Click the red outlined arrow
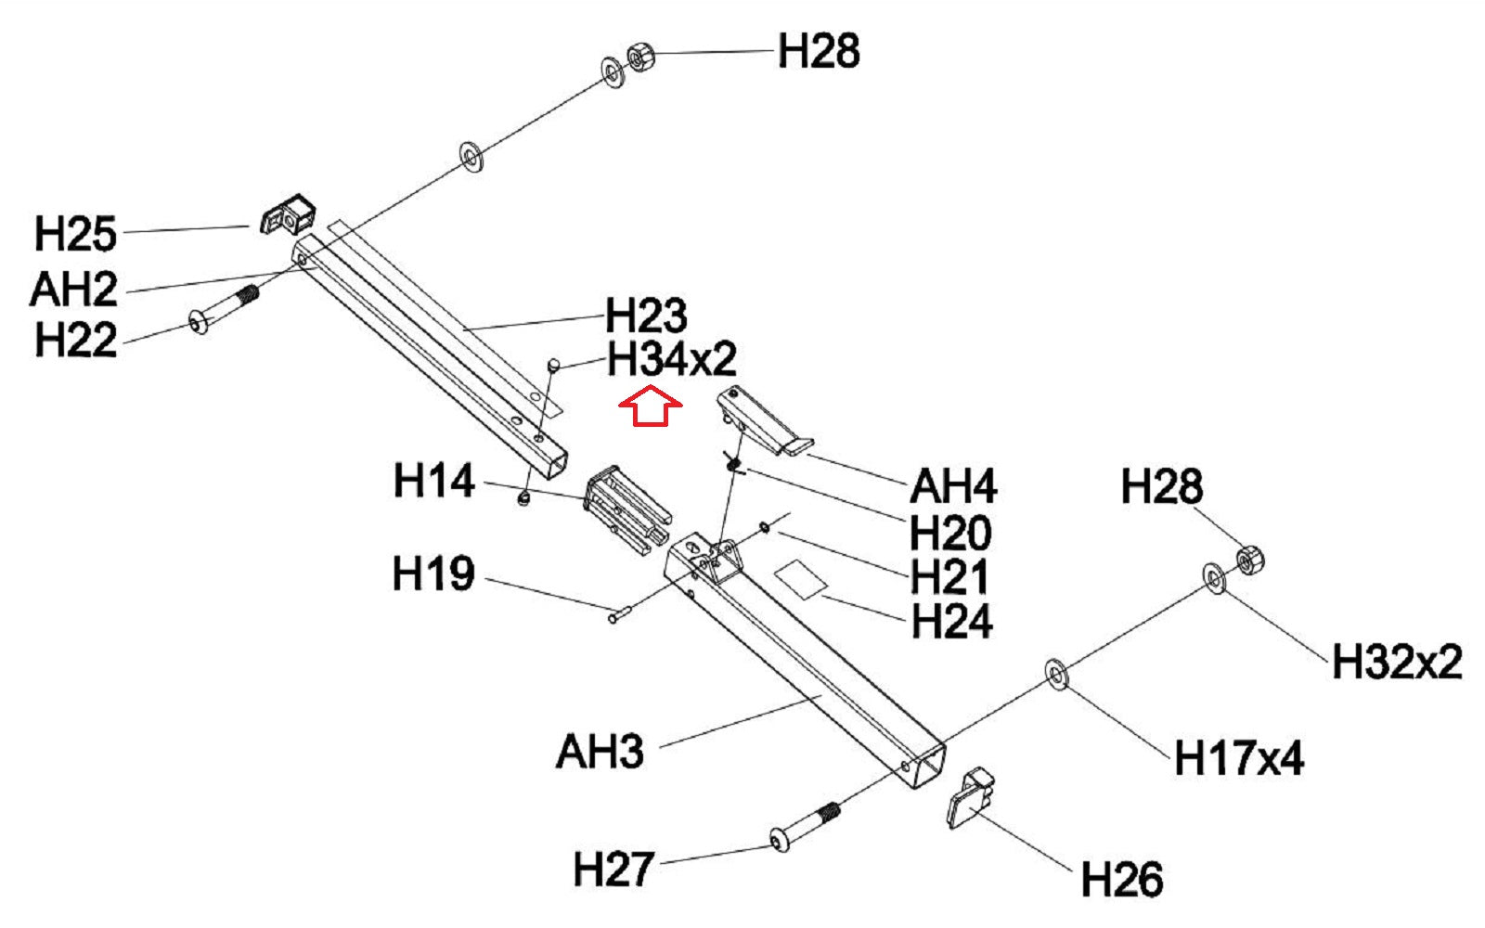pos(651,407)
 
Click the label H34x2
pos(671,360)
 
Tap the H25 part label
pos(75,234)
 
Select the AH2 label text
pos(73,290)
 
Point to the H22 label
pos(75,341)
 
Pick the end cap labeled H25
pos(287,216)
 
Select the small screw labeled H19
pos(619,612)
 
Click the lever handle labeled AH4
pos(763,423)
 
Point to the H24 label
pos(951,621)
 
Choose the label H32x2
pos(1396,663)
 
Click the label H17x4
pos(1238,758)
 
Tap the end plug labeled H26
pos(971,796)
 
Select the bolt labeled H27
pos(804,829)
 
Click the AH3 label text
pos(600,751)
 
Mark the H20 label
pos(950,533)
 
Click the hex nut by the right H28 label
pos(1251,560)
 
